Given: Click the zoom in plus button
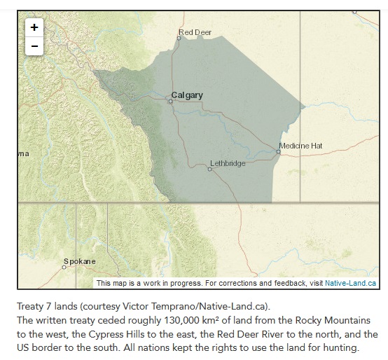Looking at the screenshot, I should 33,27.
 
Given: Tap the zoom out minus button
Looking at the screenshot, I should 33,46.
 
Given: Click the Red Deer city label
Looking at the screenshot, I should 195,32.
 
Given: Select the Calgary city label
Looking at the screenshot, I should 187,95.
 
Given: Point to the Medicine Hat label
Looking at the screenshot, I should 300,145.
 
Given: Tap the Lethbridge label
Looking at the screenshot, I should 228,163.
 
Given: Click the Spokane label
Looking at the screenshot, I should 79,261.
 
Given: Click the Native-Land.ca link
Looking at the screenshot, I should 352,283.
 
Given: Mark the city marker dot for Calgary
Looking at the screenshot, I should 169,101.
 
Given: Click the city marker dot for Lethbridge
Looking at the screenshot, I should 209,169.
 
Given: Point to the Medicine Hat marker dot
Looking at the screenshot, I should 278,151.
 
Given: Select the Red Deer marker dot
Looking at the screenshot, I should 179,38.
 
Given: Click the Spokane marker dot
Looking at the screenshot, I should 64,268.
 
